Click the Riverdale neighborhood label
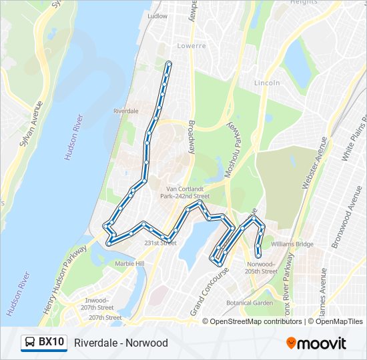click(126, 111)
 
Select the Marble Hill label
click(129, 264)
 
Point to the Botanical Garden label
click(250, 303)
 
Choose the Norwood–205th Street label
click(260, 267)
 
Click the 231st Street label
click(160, 243)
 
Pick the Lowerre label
click(192, 46)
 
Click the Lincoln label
click(267, 83)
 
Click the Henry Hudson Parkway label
click(69, 274)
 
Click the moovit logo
click(316, 343)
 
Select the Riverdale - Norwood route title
click(121, 343)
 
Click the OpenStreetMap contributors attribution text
click(256, 321)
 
